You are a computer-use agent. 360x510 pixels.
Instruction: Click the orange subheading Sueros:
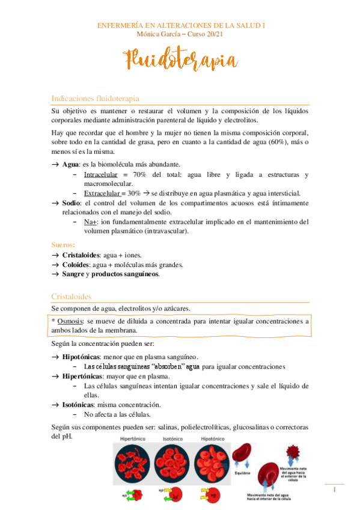pyautogui.click(x=63, y=245)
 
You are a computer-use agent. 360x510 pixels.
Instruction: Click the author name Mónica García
pyautogui.click(x=159, y=34)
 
